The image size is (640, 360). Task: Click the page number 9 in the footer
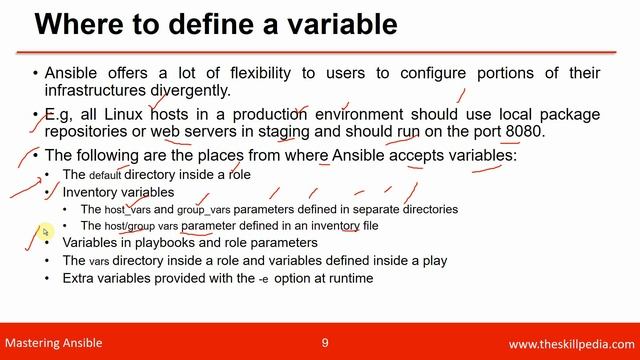pyautogui.click(x=325, y=343)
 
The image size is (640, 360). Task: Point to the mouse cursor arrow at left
pyautogui.click(x=44, y=232)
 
